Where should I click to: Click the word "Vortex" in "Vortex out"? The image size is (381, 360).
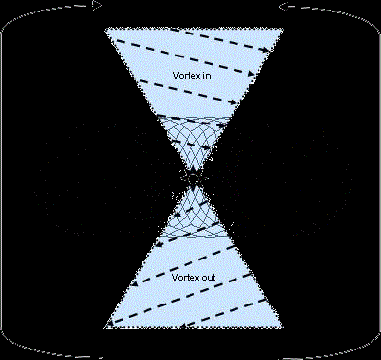point(180,277)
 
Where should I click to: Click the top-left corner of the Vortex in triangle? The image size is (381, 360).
point(106,28)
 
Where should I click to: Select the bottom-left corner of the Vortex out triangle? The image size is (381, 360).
point(106,328)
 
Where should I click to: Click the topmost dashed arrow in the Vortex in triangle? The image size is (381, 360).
point(191,38)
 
